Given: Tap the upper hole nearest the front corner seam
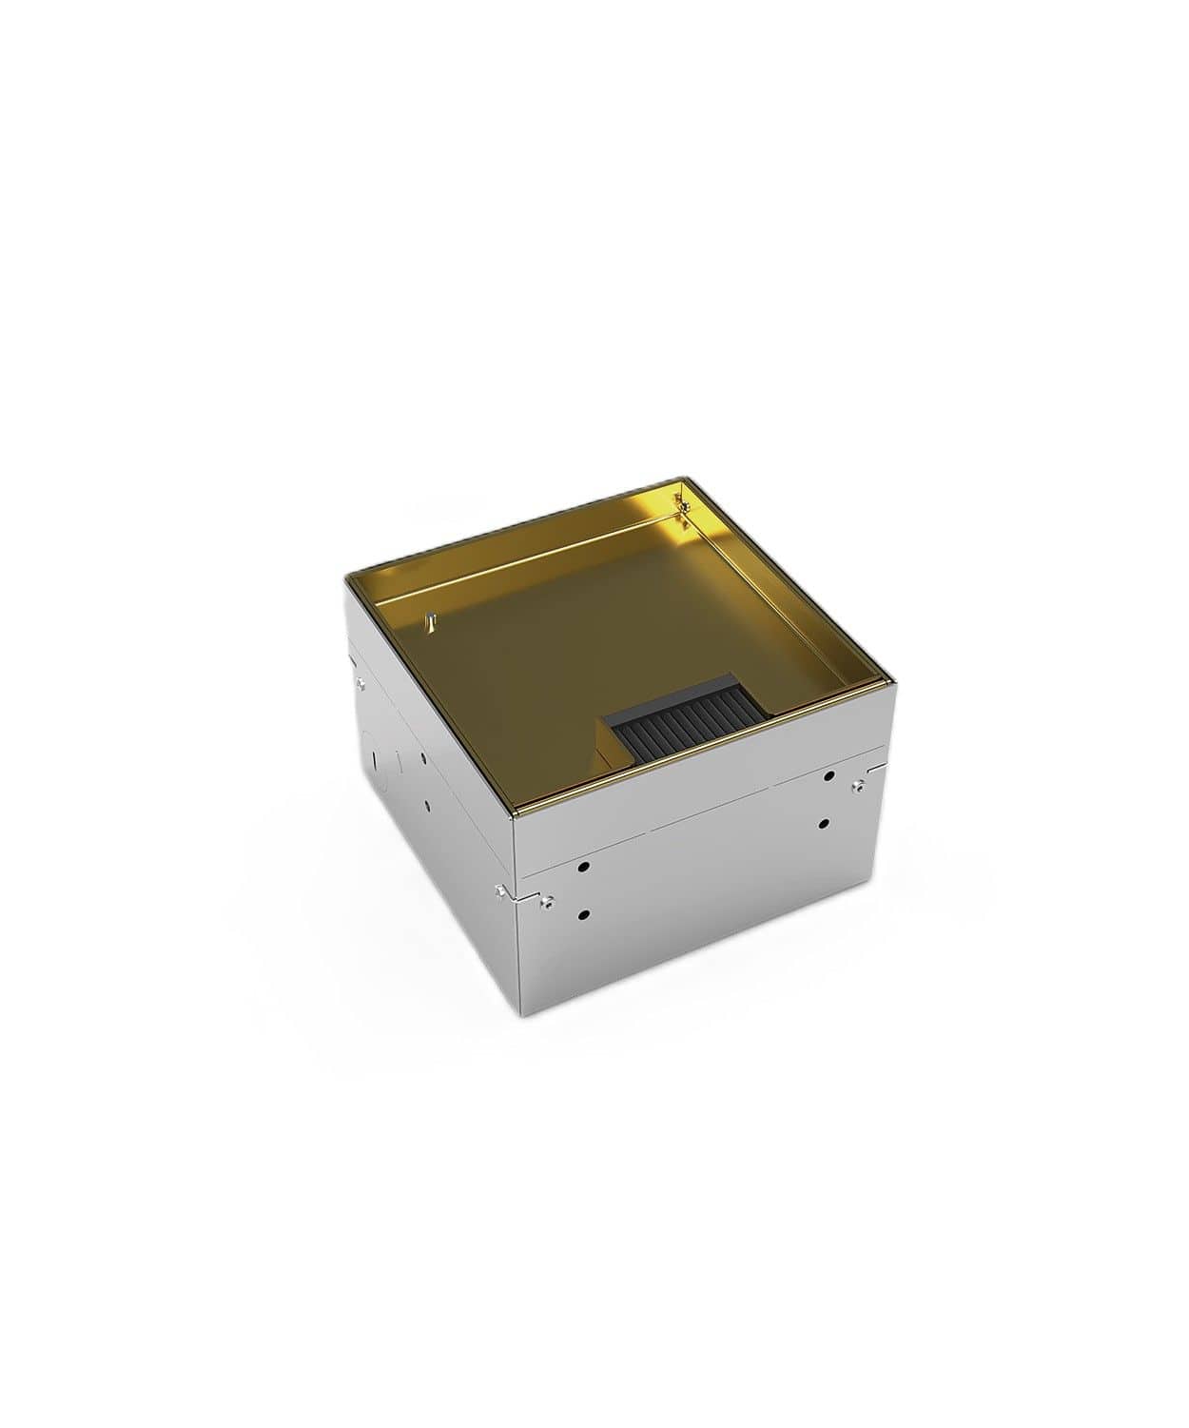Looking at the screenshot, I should (x=583, y=868).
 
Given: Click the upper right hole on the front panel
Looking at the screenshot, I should (x=829, y=777).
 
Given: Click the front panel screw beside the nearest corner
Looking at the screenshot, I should (x=549, y=899).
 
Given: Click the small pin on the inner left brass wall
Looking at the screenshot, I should (x=430, y=621).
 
